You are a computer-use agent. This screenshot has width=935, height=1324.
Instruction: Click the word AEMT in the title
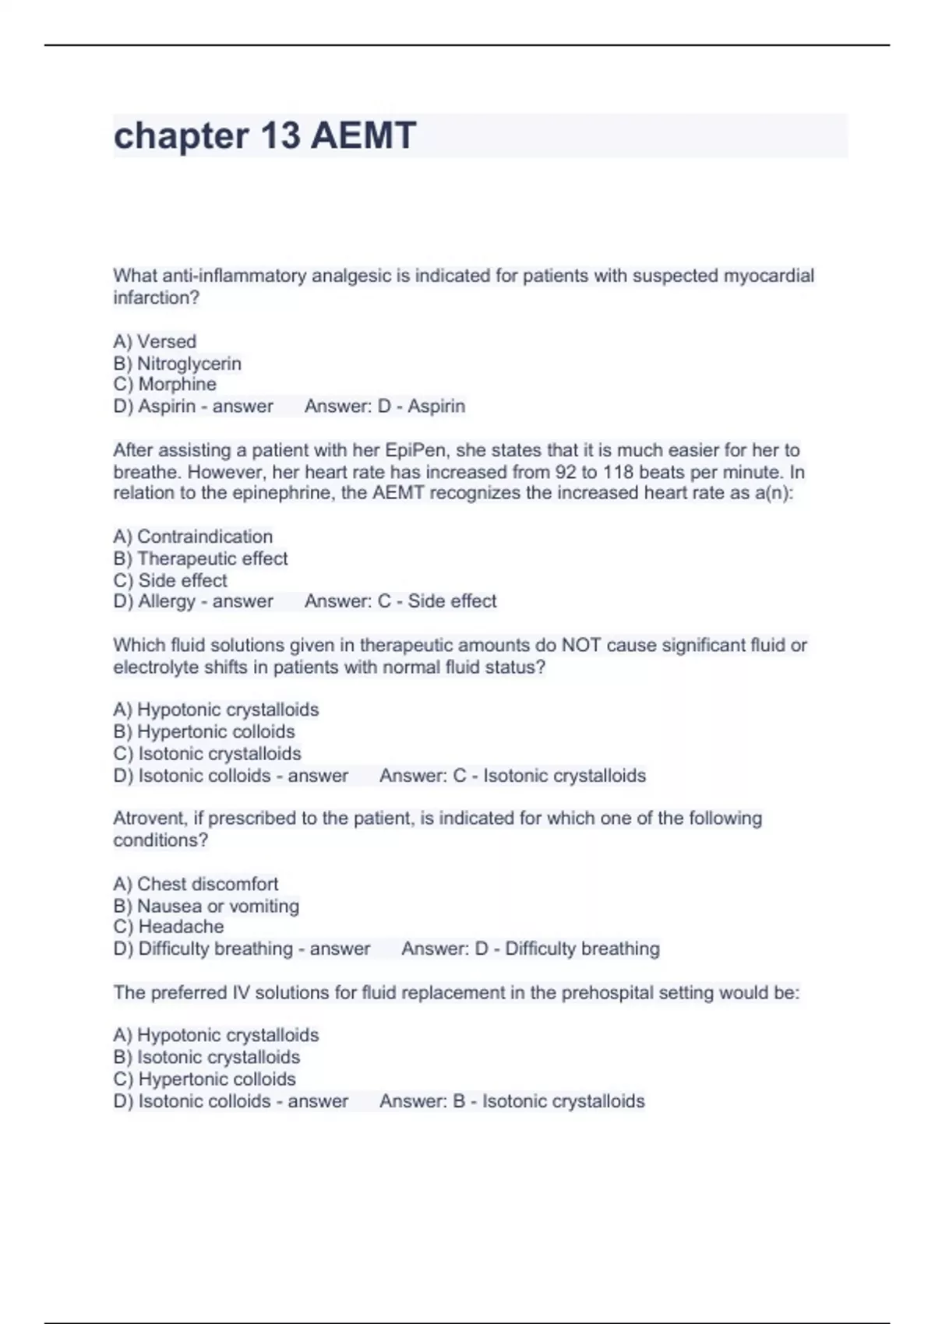click(x=363, y=136)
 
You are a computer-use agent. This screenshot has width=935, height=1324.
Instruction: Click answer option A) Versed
click(x=154, y=341)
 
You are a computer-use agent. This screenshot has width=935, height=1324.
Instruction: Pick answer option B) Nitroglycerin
click(x=177, y=363)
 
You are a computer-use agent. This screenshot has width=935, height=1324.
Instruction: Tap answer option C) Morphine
click(x=164, y=384)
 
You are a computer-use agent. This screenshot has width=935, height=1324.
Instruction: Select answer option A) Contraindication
click(x=192, y=537)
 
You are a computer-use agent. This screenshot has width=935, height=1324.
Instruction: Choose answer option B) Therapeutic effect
click(x=200, y=558)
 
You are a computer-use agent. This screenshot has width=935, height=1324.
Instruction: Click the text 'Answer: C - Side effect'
click(x=400, y=601)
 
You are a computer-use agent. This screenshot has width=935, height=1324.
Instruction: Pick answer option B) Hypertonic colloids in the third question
click(x=203, y=731)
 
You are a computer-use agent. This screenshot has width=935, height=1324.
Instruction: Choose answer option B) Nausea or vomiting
click(x=206, y=906)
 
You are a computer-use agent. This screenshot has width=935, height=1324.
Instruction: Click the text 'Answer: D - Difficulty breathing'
click(x=531, y=949)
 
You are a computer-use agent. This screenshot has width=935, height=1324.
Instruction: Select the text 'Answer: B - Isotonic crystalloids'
click(x=512, y=1101)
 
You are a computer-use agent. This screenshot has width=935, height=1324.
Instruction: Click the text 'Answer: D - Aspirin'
click(x=385, y=406)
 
